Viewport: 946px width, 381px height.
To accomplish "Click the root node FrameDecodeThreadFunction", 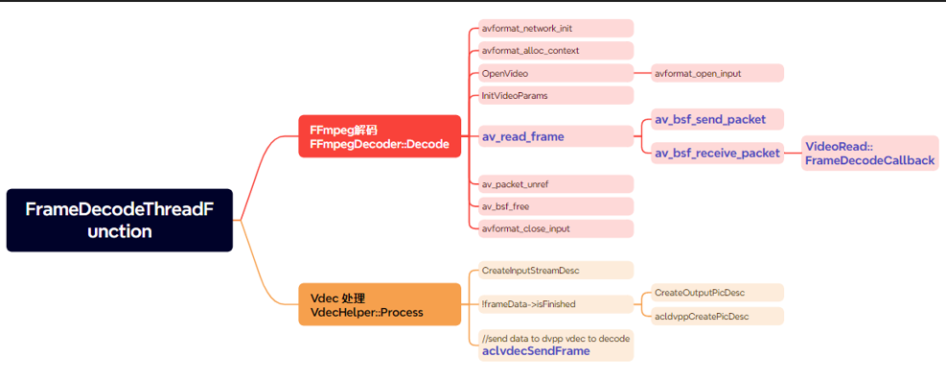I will (x=119, y=220).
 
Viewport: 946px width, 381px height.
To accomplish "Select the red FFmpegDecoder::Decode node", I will (x=380, y=137).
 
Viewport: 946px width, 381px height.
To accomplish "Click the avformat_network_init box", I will (x=556, y=29).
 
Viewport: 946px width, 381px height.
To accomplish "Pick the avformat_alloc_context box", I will (x=556, y=51).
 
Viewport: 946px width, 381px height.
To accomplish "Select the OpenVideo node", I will (x=556, y=73).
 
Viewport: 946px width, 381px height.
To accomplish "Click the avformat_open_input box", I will (x=717, y=73).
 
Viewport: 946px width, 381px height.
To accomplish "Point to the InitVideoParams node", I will (x=556, y=95).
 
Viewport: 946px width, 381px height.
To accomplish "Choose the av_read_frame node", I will (x=556, y=137).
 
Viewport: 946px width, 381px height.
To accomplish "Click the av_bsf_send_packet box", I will (x=717, y=119).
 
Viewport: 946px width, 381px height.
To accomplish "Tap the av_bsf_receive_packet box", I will (x=717, y=153).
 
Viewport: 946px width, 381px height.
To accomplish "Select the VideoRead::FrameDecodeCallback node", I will (x=869, y=154).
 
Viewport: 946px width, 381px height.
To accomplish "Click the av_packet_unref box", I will (x=556, y=183).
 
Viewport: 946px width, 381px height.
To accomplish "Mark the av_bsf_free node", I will (x=556, y=206).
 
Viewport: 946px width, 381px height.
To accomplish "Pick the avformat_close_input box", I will (x=556, y=228).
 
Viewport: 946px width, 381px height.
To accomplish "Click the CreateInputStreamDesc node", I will (x=556, y=271).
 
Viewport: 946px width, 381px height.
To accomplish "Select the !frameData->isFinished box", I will (x=556, y=304).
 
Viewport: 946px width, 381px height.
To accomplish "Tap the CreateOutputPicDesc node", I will (x=717, y=292).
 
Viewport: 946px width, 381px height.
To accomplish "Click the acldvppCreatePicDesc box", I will (x=717, y=316).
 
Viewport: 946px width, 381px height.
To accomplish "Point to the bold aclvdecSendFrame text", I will (x=536, y=351).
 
